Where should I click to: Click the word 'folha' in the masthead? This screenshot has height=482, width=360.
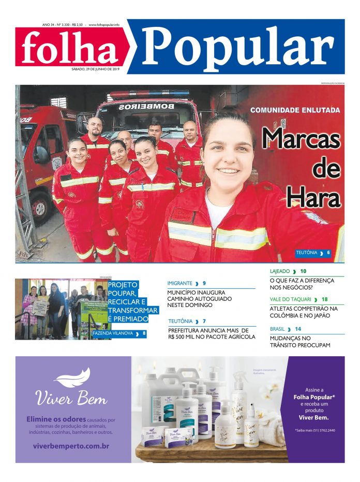click(70, 48)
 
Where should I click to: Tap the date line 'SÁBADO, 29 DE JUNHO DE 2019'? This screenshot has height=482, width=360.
click(95, 70)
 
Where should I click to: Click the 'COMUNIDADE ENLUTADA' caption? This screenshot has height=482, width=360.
click(295, 110)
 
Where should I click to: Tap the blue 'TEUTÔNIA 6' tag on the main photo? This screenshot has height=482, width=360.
click(312, 253)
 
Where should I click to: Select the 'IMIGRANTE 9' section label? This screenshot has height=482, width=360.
click(187, 283)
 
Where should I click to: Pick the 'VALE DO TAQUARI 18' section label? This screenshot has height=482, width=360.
click(298, 299)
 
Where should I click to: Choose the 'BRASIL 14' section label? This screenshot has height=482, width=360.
click(286, 329)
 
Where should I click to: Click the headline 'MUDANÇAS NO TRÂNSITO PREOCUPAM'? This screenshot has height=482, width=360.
click(299, 341)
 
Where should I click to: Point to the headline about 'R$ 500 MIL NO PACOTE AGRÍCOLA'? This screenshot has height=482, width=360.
click(212, 333)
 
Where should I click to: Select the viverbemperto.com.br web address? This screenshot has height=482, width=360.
click(71, 446)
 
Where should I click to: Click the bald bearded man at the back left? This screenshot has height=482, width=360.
click(95, 127)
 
